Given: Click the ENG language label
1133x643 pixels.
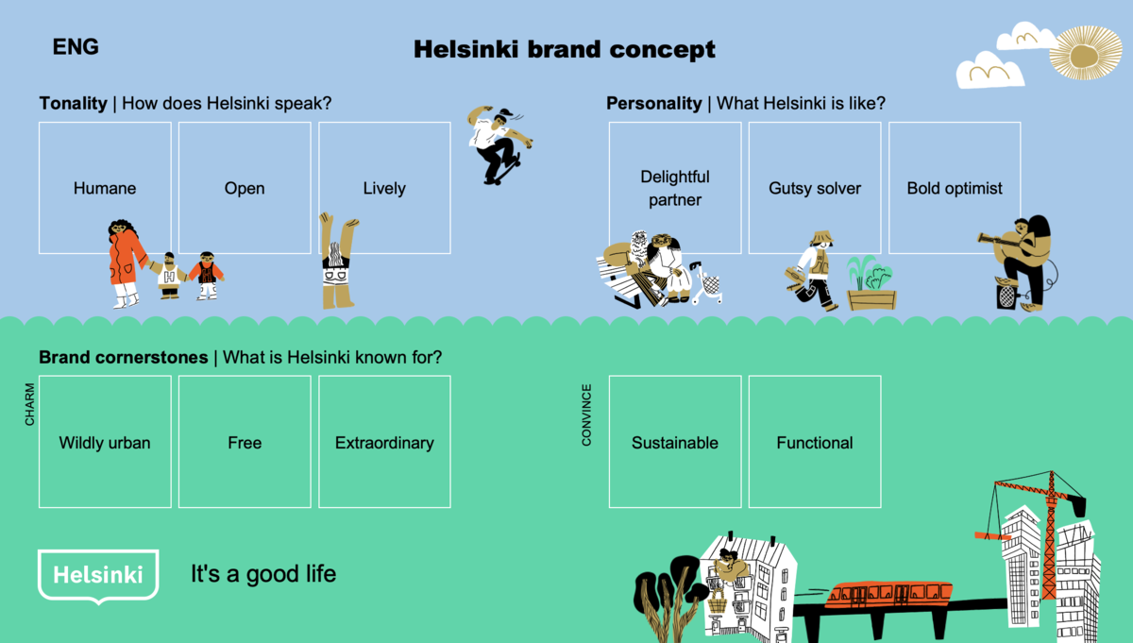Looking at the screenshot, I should pyautogui.click(x=76, y=47).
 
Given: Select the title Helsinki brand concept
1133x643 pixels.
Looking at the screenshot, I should pyautogui.click(x=565, y=50).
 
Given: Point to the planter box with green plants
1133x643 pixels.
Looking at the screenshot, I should pyautogui.click(x=871, y=285).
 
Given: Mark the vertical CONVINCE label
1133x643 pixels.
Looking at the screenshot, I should pyautogui.click(x=586, y=415).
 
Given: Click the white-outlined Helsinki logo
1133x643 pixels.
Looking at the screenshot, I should pyautogui.click(x=97, y=573).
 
